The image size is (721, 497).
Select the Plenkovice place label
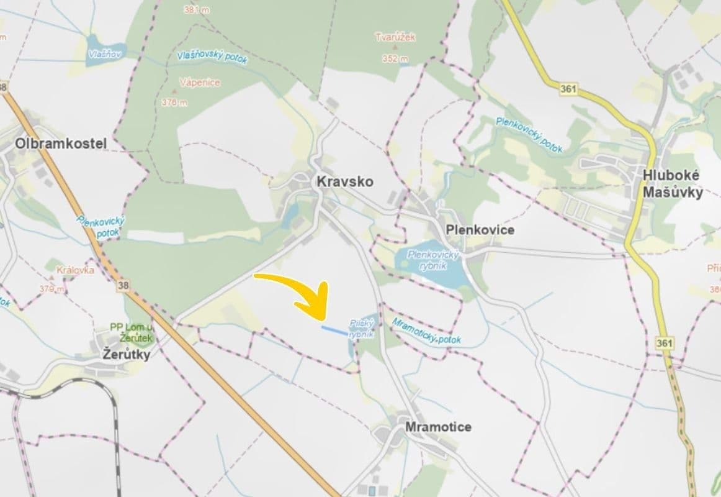(480, 230)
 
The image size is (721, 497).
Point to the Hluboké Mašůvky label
(672, 184)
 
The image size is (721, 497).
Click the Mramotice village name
(437, 427)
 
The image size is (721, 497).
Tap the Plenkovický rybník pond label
(434, 259)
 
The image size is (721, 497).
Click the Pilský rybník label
(361, 329)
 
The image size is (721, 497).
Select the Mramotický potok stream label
(426, 332)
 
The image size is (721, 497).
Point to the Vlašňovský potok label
(212, 57)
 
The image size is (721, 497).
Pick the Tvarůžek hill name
(395, 37)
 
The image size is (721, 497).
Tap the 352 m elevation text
(395, 59)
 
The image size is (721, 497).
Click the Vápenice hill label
(199, 83)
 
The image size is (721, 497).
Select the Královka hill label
(75, 270)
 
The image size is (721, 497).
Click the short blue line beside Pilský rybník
(334, 330)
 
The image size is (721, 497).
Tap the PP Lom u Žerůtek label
(131, 332)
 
